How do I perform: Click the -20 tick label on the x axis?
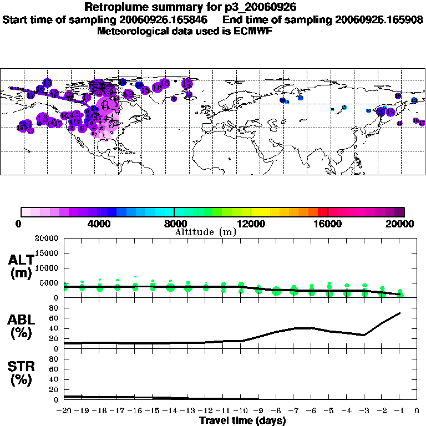(65, 411)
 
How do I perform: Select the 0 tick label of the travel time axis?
(417, 411)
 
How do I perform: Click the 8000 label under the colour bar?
(174, 224)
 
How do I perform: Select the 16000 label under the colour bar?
(328, 224)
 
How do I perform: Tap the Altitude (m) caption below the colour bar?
(206, 231)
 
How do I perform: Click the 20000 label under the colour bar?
(404, 224)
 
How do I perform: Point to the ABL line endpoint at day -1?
(399, 313)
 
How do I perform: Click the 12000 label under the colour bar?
(251, 224)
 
